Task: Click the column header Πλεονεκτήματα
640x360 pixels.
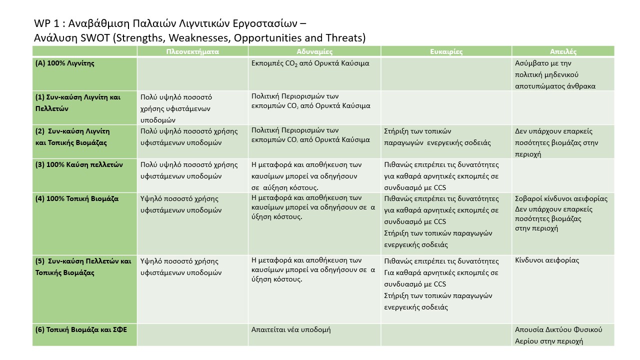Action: pos(192,51)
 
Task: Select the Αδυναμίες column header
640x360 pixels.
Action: pos(314,51)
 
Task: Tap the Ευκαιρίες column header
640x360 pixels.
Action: pos(446,51)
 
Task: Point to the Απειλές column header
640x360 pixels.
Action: pos(563,51)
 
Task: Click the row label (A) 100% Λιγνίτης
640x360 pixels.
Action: pos(65,63)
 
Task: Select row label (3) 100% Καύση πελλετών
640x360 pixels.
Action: pos(79,164)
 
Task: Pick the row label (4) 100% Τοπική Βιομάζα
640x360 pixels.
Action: pos(77,198)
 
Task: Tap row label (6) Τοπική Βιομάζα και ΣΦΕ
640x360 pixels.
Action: pos(82,330)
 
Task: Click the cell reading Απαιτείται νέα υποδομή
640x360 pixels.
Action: pos(291,330)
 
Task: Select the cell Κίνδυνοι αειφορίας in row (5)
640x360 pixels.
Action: pos(547,260)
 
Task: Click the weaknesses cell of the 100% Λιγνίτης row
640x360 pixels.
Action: pos(310,63)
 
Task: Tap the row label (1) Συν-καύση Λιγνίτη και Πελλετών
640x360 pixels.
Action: pos(77,102)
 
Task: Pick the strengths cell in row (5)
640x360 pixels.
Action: pos(180,266)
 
